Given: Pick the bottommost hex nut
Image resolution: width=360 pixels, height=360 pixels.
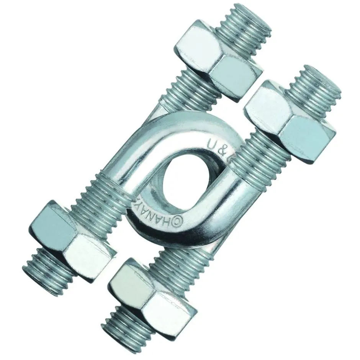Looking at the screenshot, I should click(151, 293).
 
